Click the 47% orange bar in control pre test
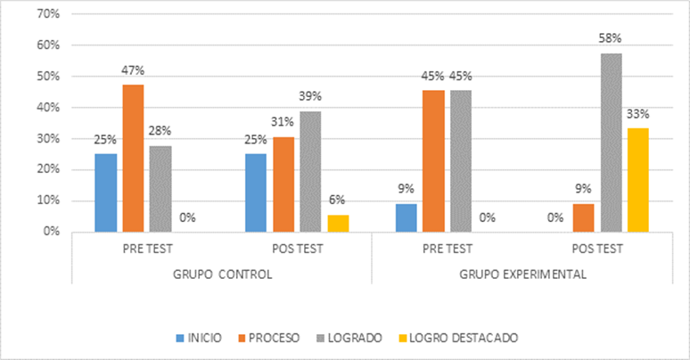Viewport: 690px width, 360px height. pos(133,158)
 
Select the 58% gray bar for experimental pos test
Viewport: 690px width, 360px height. pos(611,142)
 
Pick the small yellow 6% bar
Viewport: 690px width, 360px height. pos(337,223)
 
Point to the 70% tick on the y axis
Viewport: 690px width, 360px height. pos(47,14)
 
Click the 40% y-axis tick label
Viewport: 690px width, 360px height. pos(47,108)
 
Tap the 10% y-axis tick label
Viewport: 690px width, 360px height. pos(47,200)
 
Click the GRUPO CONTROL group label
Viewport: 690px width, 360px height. pos(222,274)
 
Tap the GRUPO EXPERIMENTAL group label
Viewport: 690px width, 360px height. pos(522,274)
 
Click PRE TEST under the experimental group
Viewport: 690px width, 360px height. pos(448,249)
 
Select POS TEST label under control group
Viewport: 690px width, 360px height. pos(297,249)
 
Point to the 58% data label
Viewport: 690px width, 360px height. pos(611,38)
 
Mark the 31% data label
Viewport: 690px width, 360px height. pos(283,122)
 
